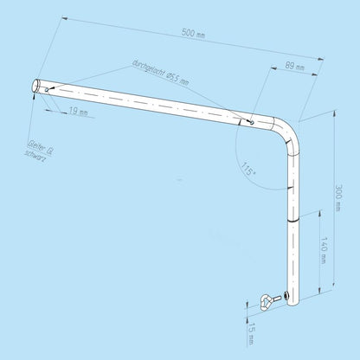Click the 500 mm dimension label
pyautogui.click(x=193, y=33)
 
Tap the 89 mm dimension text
pyautogui.click(x=294, y=66)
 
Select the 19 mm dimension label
pyautogui.click(x=78, y=111)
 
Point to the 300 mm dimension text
pyautogui.click(x=338, y=197)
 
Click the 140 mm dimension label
pyautogui.click(x=323, y=250)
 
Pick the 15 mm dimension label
pyautogui.click(x=252, y=333)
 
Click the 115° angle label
pyautogui.click(x=248, y=169)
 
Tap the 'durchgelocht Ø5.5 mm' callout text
pyautogui.click(x=161, y=73)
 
